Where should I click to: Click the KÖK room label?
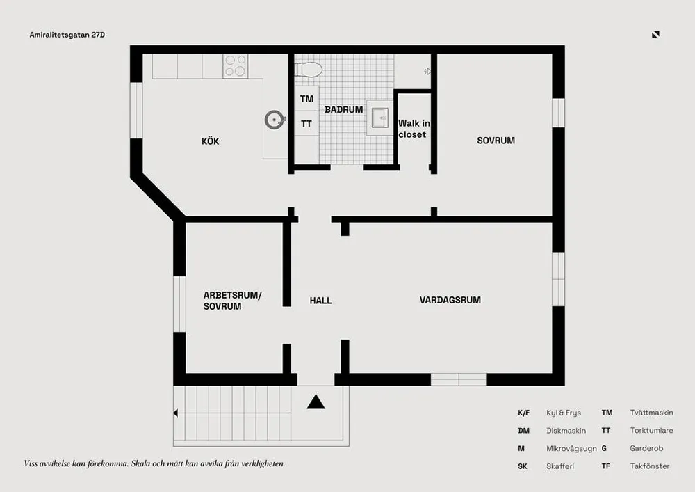coord(210,141)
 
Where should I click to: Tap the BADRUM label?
coord(343,109)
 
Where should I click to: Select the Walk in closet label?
coord(414,129)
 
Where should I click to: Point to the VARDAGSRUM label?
coord(450,300)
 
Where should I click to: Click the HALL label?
coord(320,301)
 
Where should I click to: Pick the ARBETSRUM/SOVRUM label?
coord(232,301)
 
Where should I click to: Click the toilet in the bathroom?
coord(308,69)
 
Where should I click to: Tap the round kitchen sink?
coord(275,120)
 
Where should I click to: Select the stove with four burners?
coord(235,65)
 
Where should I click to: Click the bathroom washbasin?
coord(379,118)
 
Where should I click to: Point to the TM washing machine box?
coord(306,99)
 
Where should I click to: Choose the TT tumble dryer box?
coord(306,124)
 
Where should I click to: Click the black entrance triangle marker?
coord(316,402)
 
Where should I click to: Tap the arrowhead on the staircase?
coord(176,413)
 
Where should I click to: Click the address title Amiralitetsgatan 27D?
coord(68,34)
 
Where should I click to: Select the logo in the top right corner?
coord(655,34)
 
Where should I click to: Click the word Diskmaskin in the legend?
coord(566,431)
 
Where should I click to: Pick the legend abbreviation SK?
coord(523,466)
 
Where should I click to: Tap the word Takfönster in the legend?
coord(650,466)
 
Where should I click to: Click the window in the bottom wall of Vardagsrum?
coord(459,379)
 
